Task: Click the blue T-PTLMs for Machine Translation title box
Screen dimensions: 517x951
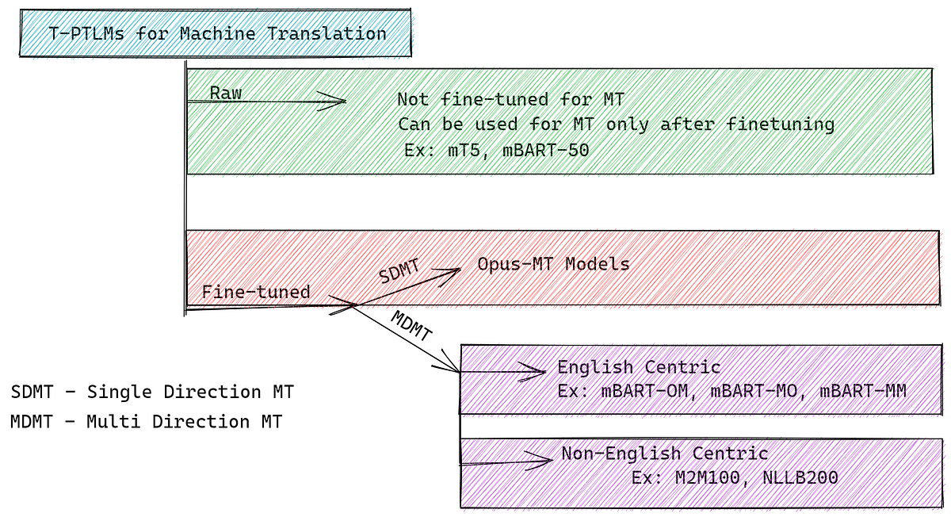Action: click(x=216, y=33)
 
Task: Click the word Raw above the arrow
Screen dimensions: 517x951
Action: click(x=225, y=93)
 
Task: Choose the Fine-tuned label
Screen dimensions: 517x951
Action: click(x=255, y=292)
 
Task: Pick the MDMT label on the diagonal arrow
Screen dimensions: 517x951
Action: click(x=412, y=326)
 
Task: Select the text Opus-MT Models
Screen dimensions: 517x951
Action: click(x=553, y=264)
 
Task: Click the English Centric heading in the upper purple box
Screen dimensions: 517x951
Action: click(x=639, y=367)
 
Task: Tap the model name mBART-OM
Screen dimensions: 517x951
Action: click(x=639, y=390)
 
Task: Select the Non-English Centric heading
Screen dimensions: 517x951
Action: click(x=664, y=454)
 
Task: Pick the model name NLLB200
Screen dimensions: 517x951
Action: click(x=801, y=478)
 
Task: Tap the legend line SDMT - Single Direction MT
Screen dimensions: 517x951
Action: click(x=152, y=393)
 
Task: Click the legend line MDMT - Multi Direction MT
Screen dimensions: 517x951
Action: click(x=147, y=422)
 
